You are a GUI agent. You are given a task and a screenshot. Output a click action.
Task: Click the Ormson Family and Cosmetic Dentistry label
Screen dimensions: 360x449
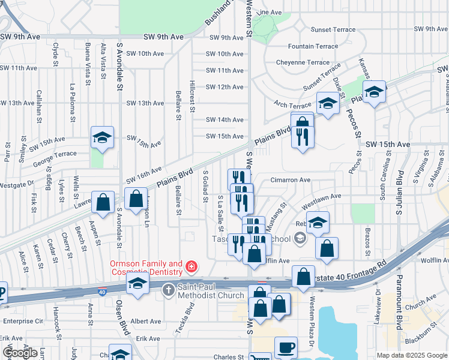[145, 268]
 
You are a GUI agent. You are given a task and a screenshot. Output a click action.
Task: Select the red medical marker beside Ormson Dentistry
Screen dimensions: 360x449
[191, 266]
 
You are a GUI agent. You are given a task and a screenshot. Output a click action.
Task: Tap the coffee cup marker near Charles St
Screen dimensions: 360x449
[286, 347]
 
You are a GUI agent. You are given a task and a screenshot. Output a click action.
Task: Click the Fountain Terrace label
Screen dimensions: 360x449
[313, 46]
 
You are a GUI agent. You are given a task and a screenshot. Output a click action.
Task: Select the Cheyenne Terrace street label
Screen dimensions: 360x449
[303, 62]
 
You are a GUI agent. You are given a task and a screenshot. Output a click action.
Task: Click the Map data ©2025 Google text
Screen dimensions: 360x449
[411, 355]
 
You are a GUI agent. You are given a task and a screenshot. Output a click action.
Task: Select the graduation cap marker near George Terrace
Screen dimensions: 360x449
[101, 137]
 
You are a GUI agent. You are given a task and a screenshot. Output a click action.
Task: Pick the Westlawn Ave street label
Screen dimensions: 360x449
[321, 196]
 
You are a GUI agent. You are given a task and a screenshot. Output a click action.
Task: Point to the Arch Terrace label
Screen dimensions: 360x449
[292, 104]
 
